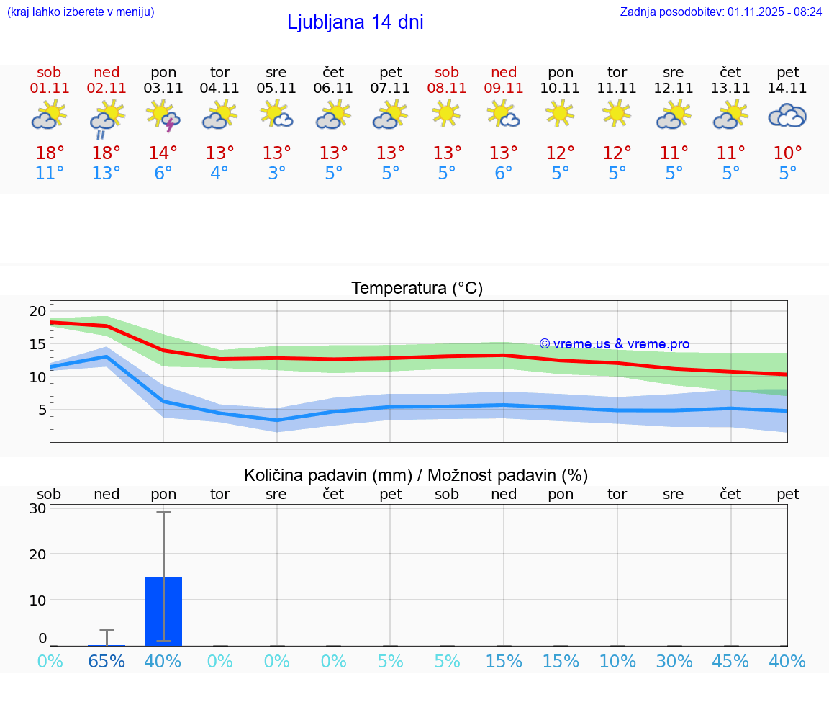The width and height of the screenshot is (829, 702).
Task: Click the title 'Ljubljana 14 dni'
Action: tap(355, 22)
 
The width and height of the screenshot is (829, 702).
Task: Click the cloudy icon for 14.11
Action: tap(787, 115)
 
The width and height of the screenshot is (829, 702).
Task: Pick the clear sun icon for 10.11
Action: tap(560, 113)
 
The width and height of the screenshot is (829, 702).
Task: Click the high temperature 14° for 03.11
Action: tap(163, 153)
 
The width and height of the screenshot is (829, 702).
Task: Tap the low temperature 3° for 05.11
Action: tap(276, 173)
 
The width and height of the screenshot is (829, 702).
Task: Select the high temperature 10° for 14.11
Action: tap(787, 153)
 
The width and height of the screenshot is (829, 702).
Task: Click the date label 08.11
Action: tap(446, 88)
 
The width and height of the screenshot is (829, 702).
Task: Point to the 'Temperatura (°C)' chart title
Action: tap(417, 289)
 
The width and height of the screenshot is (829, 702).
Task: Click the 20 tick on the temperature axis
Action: tap(37, 311)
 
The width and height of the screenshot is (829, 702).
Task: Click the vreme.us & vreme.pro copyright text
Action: tap(614, 344)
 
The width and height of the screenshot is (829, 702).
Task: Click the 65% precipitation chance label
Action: tap(106, 661)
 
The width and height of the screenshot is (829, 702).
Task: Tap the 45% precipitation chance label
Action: tap(730, 661)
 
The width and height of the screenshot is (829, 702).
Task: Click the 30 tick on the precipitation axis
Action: tap(38, 508)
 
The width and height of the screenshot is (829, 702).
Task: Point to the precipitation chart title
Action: tap(416, 475)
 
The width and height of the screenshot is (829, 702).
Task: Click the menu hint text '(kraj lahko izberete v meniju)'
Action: tap(81, 12)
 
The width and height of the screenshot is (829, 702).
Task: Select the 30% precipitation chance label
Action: tap(674, 661)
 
